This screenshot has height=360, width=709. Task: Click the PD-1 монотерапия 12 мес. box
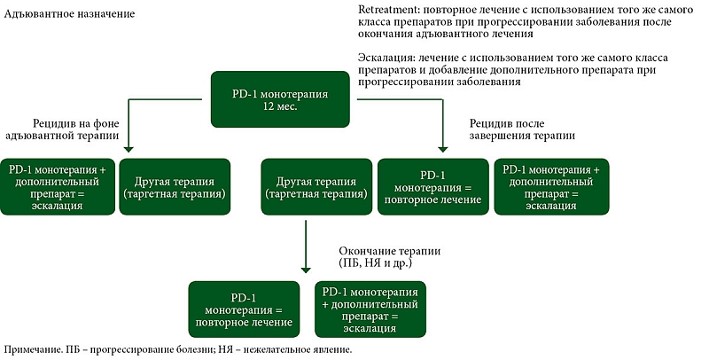(x=280, y=99)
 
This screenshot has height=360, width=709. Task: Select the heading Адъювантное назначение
(x=70, y=14)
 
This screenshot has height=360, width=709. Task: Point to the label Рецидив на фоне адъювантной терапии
(x=63, y=129)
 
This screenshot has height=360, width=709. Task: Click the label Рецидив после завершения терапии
(x=522, y=129)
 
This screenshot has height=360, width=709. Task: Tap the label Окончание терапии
(x=389, y=252)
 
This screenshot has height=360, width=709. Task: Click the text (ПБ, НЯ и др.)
(x=376, y=262)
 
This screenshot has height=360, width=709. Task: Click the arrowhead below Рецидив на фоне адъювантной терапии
(x=129, y=149)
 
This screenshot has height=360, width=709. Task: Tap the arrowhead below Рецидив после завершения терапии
(x=442, y=149)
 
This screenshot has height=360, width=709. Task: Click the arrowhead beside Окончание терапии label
(x=306, y=270)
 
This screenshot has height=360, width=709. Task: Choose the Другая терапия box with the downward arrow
(x=316, y=186)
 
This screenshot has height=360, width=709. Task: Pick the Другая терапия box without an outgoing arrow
(x=175, y=186)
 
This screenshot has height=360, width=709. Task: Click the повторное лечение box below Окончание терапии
(x=245, y=309)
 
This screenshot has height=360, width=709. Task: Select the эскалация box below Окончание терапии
(x=370, y=309)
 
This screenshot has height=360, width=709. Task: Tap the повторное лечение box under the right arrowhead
(x=433, y=186)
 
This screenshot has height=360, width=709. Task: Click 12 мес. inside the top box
(x=280, y=107)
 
